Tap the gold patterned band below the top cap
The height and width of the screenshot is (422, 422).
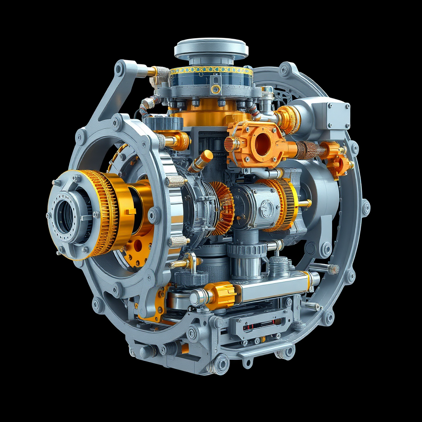(x=211, y=70)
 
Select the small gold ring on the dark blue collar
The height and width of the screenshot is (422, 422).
(x=215, y=89)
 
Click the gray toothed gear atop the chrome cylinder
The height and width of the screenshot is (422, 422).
(x=247, y=249)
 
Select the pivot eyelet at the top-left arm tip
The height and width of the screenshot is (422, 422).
(x=120, y=68)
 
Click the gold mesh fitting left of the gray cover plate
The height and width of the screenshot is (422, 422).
(x=289, y=119)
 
